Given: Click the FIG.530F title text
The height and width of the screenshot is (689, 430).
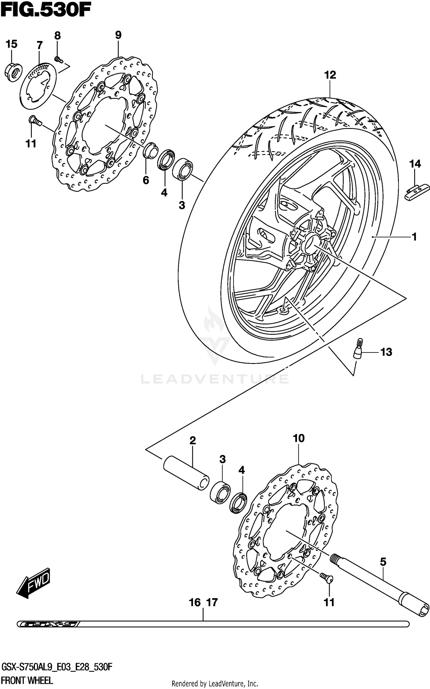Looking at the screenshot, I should click(x=46, y=11).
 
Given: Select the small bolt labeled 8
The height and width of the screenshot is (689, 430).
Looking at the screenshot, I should click(x=58, y=59).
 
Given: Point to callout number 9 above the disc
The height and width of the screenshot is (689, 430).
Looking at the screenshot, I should click(x=118, y=35).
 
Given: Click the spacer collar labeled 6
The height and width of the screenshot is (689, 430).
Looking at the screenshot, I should click(x=150, y=149).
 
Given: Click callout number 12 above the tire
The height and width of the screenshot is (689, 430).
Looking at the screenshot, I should click(x=330, y=75).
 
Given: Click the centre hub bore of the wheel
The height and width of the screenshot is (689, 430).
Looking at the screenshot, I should click(x=310, y=241).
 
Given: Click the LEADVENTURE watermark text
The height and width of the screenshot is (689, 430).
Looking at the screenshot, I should click(x=215, y=379).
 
